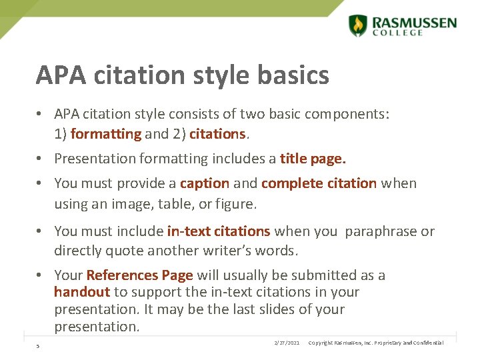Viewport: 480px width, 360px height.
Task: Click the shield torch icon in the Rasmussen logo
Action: tap(358, 25)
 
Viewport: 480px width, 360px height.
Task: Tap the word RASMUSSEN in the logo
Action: tap(415, 23)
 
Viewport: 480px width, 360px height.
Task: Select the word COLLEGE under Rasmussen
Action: tap(397, 33)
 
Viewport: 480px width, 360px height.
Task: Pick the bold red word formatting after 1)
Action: tap(106, 134)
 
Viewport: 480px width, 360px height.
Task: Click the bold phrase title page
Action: tap(313, 159)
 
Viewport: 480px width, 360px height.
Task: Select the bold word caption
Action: tap(205, 183)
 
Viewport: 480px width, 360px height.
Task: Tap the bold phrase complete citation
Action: tap(319, 183)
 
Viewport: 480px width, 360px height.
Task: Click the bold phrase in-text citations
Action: tap(219, 231)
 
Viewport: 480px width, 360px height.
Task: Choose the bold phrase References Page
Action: tap(139, 275)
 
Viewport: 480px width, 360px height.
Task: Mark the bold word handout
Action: tap(82, 292)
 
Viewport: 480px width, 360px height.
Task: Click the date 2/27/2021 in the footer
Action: tap(287, 343)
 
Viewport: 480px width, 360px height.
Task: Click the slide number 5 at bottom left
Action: tap(38, 345)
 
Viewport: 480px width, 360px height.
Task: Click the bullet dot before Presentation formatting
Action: tap(41, 159)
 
